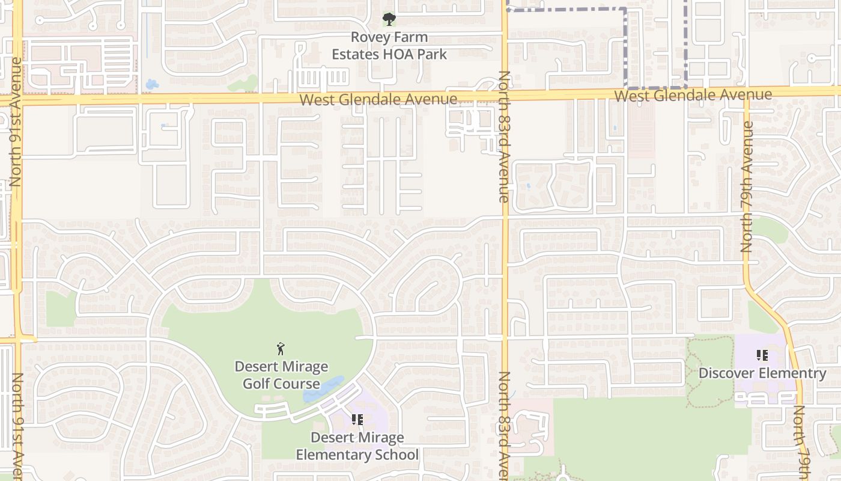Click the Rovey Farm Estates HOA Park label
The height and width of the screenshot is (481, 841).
(x=389, y=46)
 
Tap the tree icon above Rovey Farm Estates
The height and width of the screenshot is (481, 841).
(x=389, y=19)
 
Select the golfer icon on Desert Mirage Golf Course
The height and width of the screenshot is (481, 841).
(x=281, y=349)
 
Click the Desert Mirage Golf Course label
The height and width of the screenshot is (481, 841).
(x=281, y=375)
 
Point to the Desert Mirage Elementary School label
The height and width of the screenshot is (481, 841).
(x=357, y=446)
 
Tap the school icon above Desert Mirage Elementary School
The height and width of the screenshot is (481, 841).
(x=357, y=420)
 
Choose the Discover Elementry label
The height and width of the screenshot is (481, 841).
(x=762, y=373)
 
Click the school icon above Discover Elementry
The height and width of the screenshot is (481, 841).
(x=762, y=355)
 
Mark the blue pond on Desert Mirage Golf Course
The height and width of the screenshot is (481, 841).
(x=323, y=390)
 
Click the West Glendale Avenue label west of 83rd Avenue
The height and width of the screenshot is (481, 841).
(x=378, y=99)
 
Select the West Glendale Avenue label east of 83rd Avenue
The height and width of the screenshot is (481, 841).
(x=693, y=95)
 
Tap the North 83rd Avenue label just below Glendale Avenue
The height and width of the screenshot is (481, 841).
(x=503, y=136)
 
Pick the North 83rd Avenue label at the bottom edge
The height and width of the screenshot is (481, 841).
(x=503, y=424)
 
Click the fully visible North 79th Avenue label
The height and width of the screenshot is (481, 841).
(x=747, y=186)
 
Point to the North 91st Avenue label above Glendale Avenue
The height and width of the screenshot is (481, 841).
(x=16, y=121)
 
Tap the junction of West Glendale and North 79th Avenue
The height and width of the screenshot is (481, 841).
(x=746, y=92)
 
